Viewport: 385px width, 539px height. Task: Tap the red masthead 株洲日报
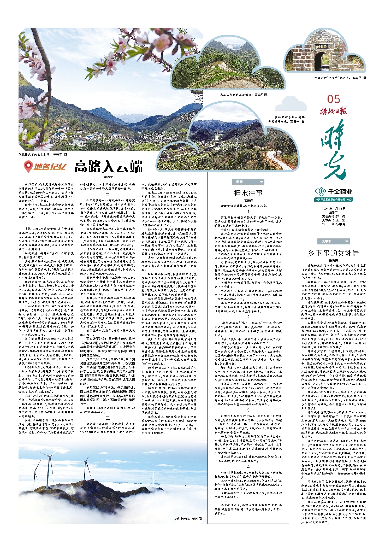[x=334, y=111]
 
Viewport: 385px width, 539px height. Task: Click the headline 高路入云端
[x=109, y=167]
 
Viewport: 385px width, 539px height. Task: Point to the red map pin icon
[x=28, y=166]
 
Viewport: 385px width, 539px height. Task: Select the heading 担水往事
[x=248, y=193]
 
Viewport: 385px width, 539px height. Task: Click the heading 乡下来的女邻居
[x=333, y=253]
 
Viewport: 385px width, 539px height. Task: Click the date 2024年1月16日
[x=333, y=209]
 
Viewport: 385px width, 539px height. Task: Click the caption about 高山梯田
[x=243, y=95]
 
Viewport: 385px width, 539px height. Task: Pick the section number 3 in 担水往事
[x=248, y=410]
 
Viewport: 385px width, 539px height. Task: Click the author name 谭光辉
[x=248, y=201]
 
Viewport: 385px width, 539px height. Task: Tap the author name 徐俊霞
[x=333, y=260]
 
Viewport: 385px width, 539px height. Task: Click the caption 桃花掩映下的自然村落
[x=43, y=155]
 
